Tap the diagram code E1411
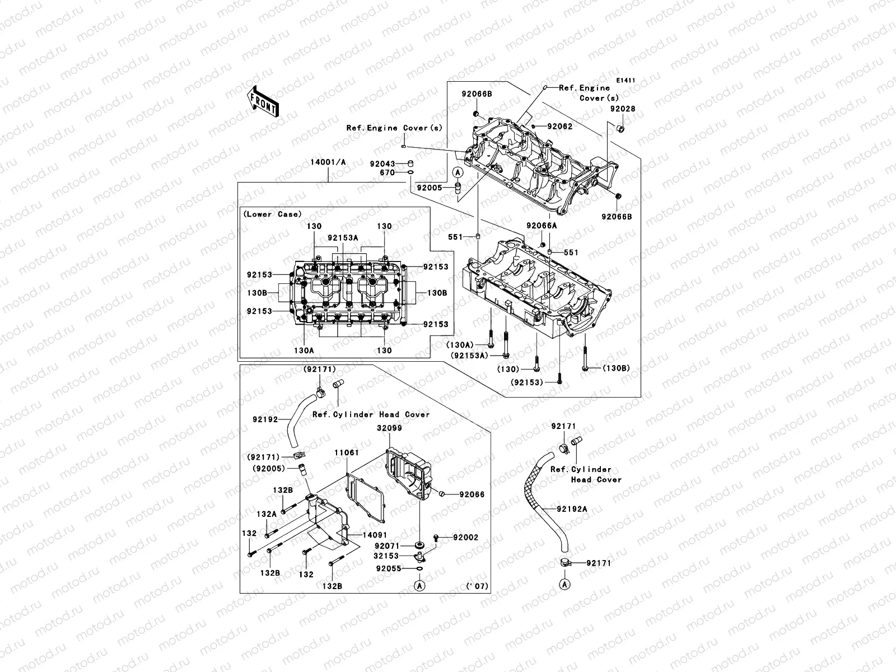(626, 81)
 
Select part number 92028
(622, 109)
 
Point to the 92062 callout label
(559, 127)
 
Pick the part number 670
(386, 173)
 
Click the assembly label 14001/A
(328, 162)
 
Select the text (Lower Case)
(272, 214)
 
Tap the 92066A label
(542, 225)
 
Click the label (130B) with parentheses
(617, 368)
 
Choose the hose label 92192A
(572, 509)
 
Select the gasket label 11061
(347, 452)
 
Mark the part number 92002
(466, 537)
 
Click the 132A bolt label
(267, 514)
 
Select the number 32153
(386, 556)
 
